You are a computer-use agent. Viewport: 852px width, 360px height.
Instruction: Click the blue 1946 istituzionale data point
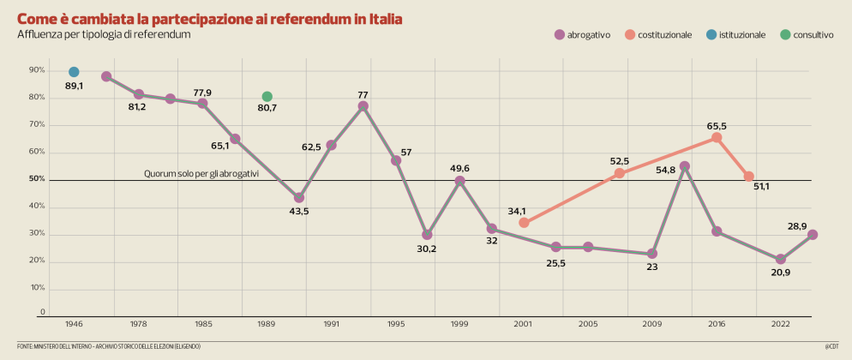(x=74, y=72)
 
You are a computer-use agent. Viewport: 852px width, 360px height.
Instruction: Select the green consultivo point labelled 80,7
(x=267, y=97)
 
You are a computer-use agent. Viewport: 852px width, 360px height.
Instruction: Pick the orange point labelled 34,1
(x=524, y=223)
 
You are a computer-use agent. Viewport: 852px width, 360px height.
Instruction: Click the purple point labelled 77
(x=363, y=106)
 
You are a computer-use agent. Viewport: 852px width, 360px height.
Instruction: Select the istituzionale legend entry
(x=736, y=35)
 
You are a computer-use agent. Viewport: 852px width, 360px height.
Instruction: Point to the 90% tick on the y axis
(x=37, y=70)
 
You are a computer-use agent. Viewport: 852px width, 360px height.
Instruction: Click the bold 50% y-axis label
(x=37, y=179)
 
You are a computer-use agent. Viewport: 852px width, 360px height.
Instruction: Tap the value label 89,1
(x=74, y=87)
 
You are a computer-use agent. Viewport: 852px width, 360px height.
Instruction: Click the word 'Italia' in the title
(x=380, y=18)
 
